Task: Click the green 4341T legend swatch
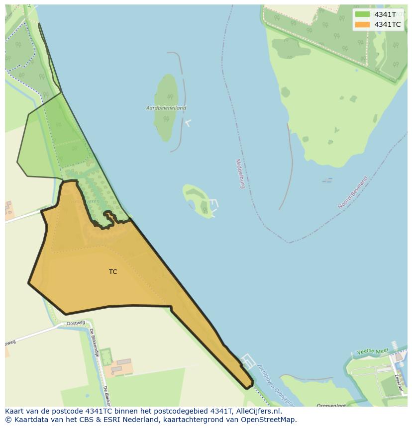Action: coord(362,14)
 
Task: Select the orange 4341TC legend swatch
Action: coord(362,24)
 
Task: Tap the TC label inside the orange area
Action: coord(113,272)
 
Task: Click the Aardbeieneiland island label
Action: coord(166,108)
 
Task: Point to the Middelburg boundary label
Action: coord(240,173)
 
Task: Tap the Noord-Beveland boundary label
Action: coord(353,192)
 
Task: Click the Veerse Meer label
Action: coord(372,351)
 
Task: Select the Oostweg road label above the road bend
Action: coord(76,324)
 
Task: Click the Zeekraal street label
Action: coord(398,368)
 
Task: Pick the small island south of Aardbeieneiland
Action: coord(198,200)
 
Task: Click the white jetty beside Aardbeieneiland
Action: coord(188,122)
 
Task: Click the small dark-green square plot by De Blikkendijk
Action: coord(106,356)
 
